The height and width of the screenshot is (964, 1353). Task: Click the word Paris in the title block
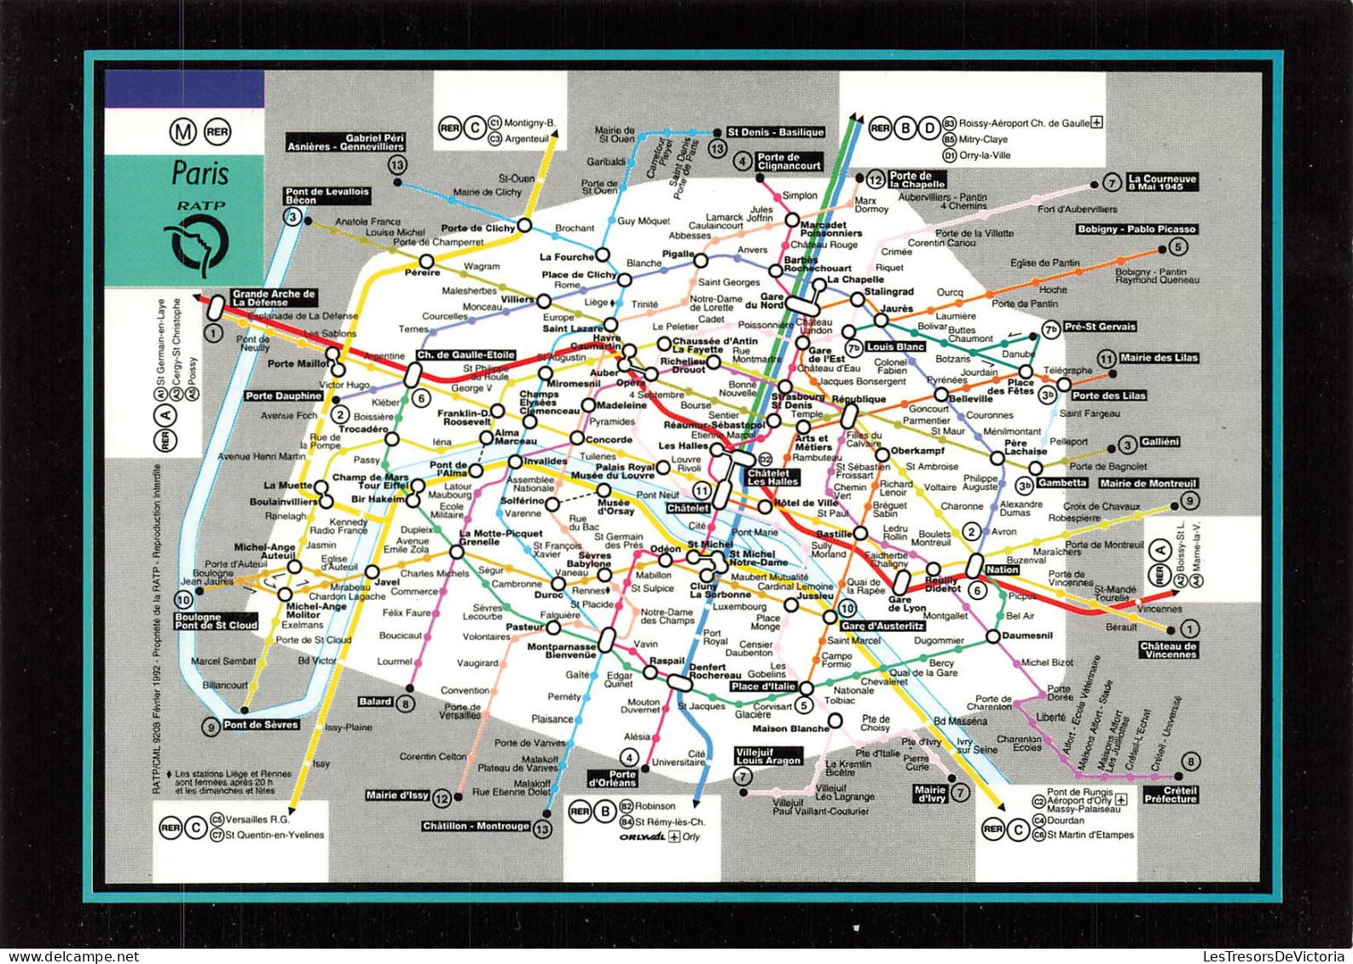(x=200, y=173)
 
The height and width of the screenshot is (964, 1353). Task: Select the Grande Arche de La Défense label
(x=273, y=297)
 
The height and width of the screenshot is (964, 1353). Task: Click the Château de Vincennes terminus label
(x=1168, y=650)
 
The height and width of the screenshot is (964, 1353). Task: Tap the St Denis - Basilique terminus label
(x=775, y=132)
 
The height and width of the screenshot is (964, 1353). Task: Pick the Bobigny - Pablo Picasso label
(x=1136, y=229)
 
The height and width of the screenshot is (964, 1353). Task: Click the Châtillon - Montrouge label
(x=476, y=826)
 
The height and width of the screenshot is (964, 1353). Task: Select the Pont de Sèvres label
(x=261, y=725)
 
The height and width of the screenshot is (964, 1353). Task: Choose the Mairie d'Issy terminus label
(x=396, y=795)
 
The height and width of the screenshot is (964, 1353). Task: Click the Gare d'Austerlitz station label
(x=882, y=626)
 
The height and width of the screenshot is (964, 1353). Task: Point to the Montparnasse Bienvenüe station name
(x=560, y=650)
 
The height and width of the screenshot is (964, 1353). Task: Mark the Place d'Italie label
(x=762, y=686)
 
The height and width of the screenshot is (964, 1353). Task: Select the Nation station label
(x=1002, y=569)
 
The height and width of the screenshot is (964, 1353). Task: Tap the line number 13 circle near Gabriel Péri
(x=396, y=165)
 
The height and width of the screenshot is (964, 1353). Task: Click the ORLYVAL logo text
(x=641, y=837)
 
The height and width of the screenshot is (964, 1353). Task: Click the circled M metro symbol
(x=182, y=132)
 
